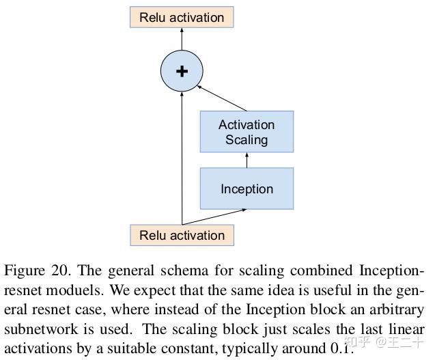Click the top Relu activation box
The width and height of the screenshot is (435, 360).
[x=182, y=17]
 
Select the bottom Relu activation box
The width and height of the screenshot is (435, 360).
[x=182, y=235]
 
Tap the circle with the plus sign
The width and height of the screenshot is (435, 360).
[x=182, y=71]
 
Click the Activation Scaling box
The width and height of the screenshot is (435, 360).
[x=247, y=132]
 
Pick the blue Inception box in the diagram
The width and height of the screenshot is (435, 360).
[x=247, y=189]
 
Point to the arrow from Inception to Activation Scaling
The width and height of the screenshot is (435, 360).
[x=247, y=161]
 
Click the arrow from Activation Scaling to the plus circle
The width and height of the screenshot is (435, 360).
[x=222, y=98]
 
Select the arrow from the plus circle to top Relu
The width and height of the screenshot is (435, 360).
[x=182, y=39]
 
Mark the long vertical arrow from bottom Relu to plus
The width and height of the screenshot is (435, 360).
[x=182, y=157]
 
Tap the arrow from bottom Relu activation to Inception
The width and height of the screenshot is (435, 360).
[x=214, y=217]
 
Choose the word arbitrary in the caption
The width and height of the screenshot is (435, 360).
[x=395, y=309]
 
